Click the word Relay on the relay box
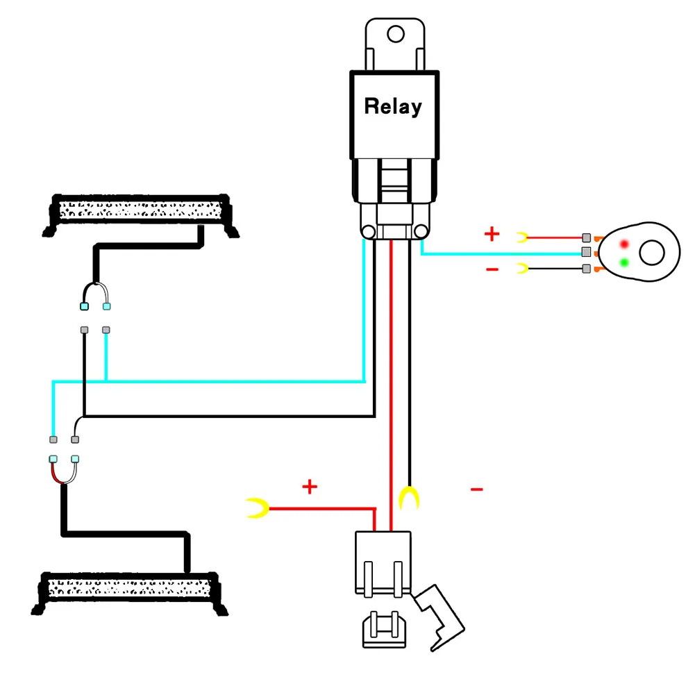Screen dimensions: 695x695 [393, 107]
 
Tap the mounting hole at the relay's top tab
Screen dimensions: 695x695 [395, 34]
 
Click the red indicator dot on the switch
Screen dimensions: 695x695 [624, 244]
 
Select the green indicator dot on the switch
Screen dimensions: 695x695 [624, 263]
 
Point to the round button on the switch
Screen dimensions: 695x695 [651, 253]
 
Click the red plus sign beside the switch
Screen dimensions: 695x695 [492, 233]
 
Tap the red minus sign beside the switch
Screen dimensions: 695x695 [492, 269]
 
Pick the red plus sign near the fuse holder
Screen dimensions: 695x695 [310, 486]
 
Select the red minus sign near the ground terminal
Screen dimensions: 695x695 [476, 489]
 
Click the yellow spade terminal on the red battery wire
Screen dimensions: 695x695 [257, 508]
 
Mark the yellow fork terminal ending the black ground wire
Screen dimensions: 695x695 [409, 498]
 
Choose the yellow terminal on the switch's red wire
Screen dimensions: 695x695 [523, 237]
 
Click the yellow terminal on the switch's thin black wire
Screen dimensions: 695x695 [523, 268]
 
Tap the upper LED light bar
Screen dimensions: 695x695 [140, 214]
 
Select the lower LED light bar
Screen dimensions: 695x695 [129, 593]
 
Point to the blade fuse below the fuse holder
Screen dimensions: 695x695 [384, 630]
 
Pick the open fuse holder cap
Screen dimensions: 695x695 [439, 617]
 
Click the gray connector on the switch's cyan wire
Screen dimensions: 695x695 [586, 253]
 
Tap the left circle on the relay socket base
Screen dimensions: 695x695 [369, 231]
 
